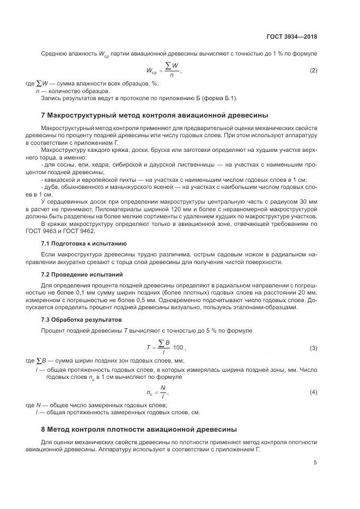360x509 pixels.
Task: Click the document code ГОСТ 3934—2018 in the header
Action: point(292,37)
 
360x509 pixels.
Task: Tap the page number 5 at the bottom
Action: point(315,463)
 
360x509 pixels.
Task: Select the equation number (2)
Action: point(313,71)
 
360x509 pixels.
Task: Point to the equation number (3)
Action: point(313,347)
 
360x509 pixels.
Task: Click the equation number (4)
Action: point(313,392)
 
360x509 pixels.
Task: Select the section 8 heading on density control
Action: point(139,429)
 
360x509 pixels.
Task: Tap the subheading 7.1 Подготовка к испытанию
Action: point(84,243)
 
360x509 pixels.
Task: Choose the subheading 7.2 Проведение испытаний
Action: point(82,274)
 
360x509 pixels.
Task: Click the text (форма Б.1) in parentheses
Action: point(215,98)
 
